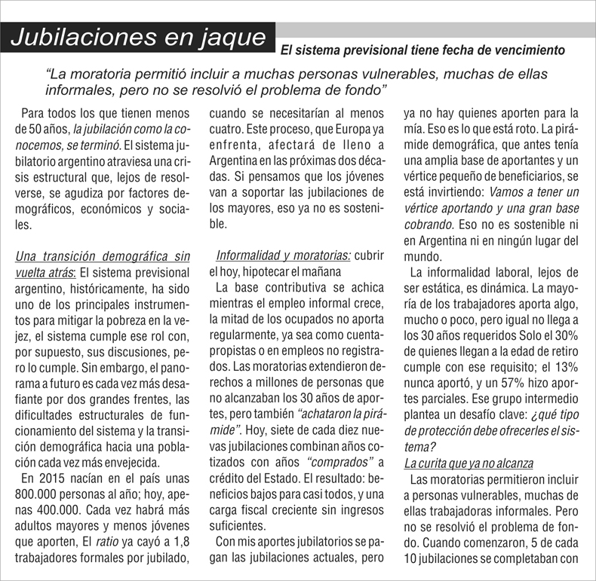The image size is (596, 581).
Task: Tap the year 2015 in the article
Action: (51, 479)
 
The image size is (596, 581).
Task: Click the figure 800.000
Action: (42, 496)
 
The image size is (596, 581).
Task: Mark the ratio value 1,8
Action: (180, 543)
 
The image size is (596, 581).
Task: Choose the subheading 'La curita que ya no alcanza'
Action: (469, 462)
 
